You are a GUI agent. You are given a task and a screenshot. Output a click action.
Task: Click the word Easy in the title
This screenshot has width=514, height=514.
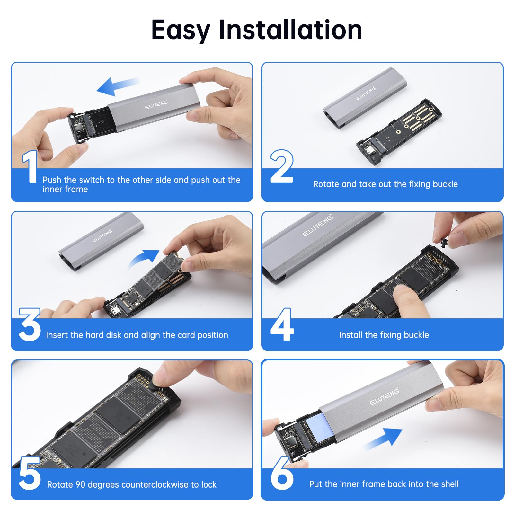pyautogui.click(x=180, y=30)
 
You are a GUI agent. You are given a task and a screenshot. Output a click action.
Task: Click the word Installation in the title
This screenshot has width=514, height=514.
pyautogui.click(x=290, y=30)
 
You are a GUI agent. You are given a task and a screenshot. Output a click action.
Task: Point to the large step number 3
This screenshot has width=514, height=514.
pyautogui.click(x=30, y=324)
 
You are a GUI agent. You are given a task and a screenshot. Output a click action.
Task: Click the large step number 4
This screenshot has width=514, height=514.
pyautogui.click(x=282, y=324)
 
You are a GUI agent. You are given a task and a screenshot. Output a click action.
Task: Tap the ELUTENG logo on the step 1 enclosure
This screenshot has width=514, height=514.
pyautogui.click(x=156, y=104)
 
